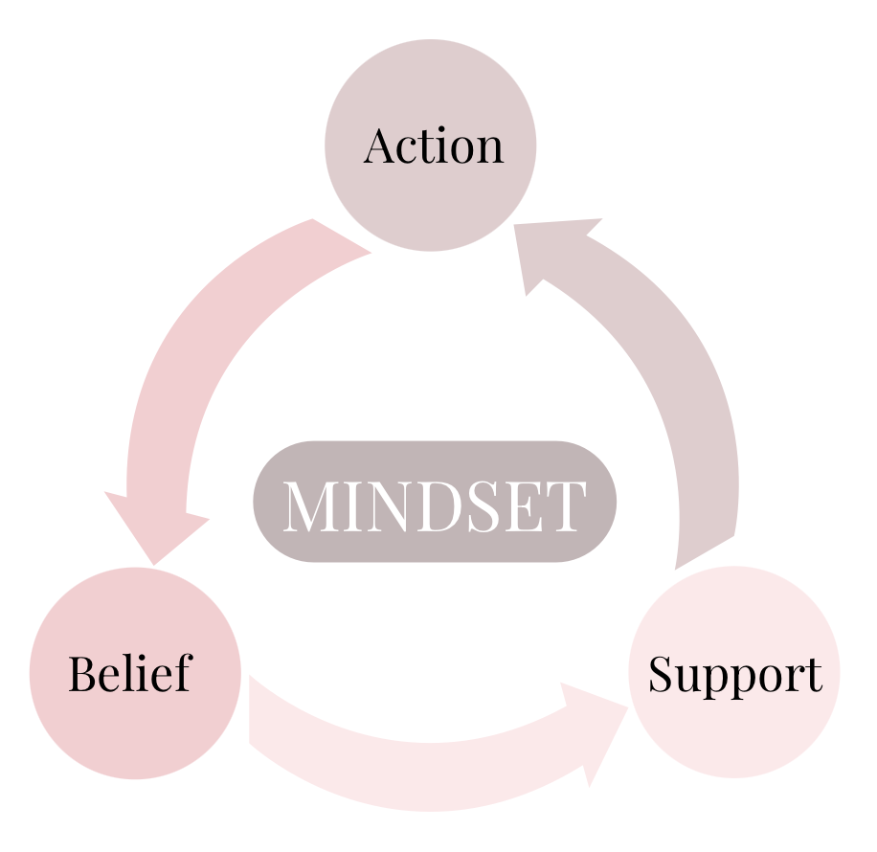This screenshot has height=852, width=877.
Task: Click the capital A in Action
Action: click(381, 146)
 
